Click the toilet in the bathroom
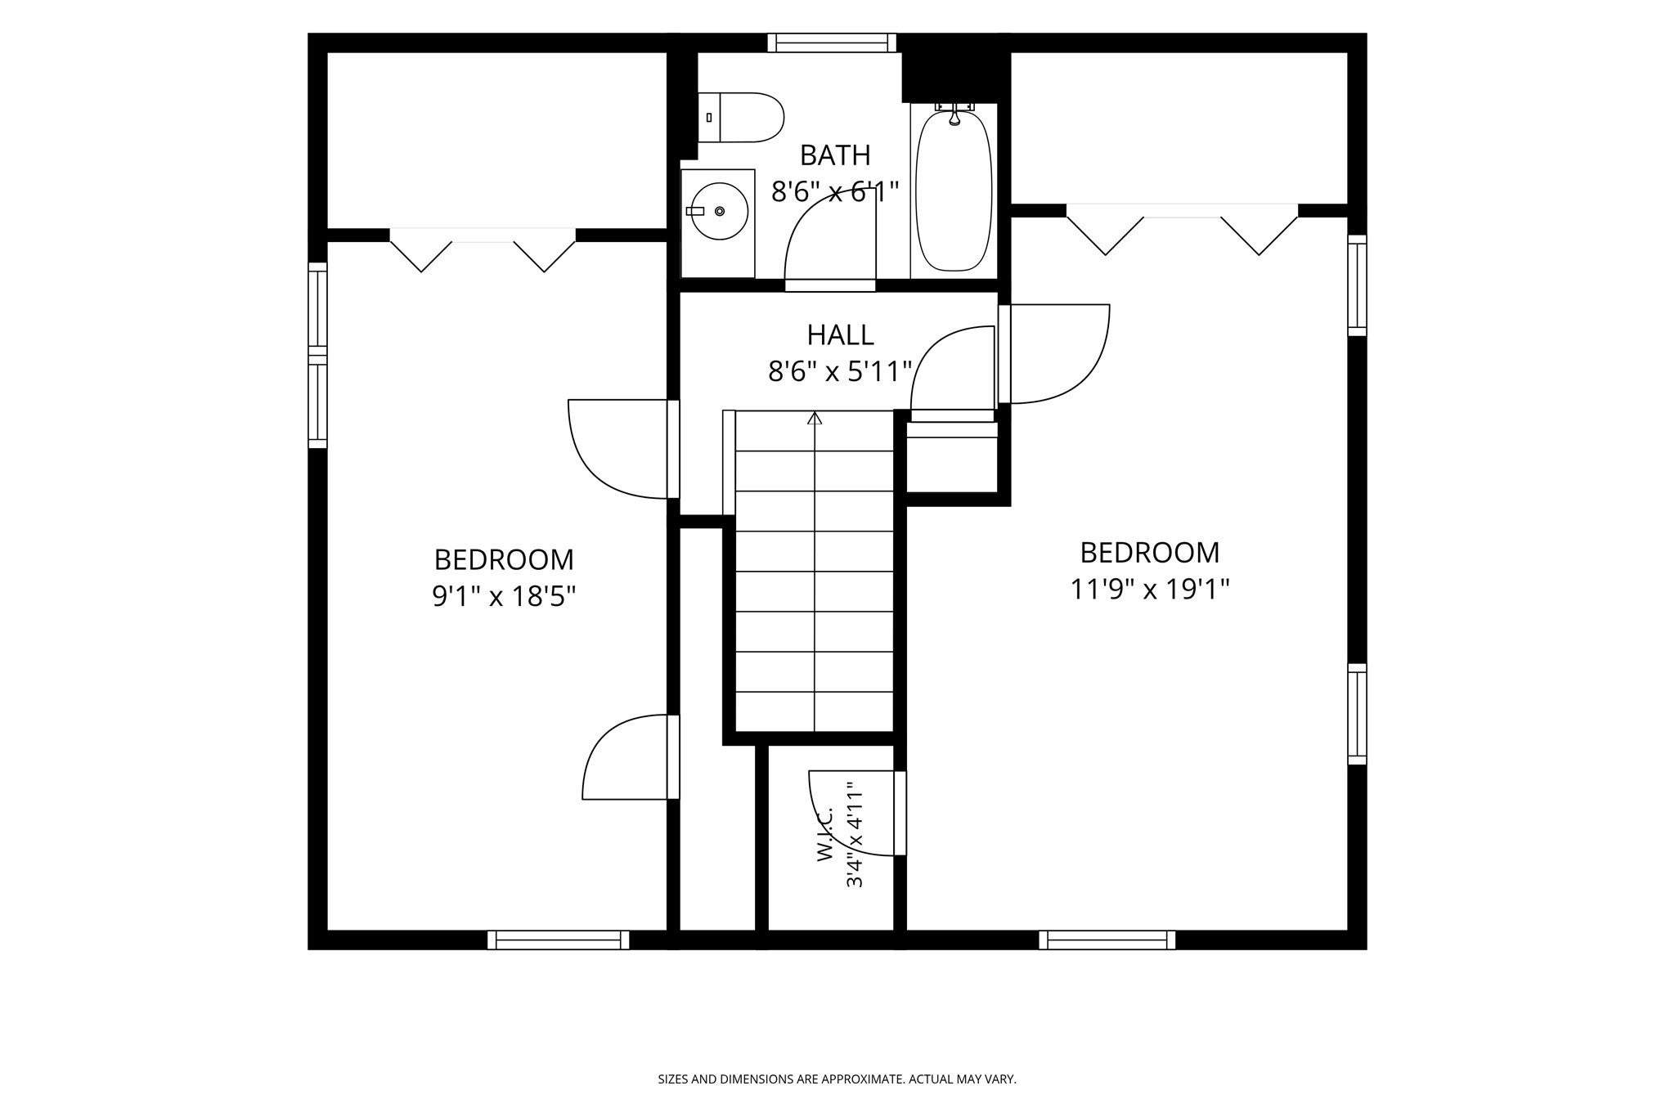point(741,117)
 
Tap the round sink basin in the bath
point(719,211)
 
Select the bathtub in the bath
point(954,191)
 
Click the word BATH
point(835,155)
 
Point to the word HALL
point(840,334)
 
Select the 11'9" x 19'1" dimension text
point(1150,589)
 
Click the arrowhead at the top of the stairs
point(815,418)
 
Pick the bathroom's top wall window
point(832,43)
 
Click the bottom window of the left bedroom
point(559,940)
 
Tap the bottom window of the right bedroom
point(1107,940)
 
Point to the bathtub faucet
point(954,114)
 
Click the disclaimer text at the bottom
point(837,1079)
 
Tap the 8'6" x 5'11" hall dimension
point(840,372)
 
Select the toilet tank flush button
point(709,118)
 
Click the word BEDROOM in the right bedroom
point(1150,553)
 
